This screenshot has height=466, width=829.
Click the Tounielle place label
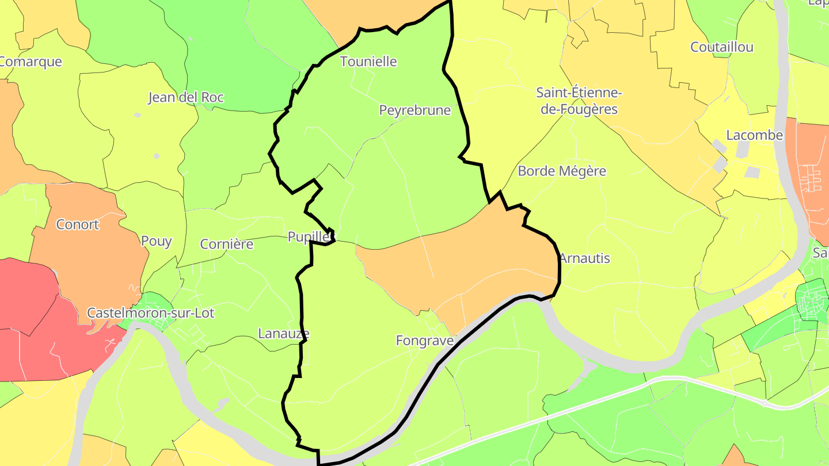[x=368, y=62]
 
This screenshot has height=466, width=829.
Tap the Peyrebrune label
[x=414, y=110]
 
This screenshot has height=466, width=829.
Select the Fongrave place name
[x=424, y=341]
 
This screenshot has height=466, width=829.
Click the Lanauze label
[x=284, y=334]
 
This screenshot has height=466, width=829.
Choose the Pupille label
[x=311, y=237]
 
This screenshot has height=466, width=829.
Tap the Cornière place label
[x=227, y=244]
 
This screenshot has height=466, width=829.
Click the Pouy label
[x=157, y=241]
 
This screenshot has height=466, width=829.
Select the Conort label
[x=78, y=224]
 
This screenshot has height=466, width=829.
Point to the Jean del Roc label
[x=186, y=97]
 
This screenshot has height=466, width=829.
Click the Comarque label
[x=30, y=62]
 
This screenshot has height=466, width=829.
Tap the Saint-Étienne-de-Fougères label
[x=579, y=101]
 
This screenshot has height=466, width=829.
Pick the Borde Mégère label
[x=562, y=171]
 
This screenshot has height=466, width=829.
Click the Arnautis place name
[x=584, y=258]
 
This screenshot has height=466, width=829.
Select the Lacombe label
[x=755, y=135]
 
